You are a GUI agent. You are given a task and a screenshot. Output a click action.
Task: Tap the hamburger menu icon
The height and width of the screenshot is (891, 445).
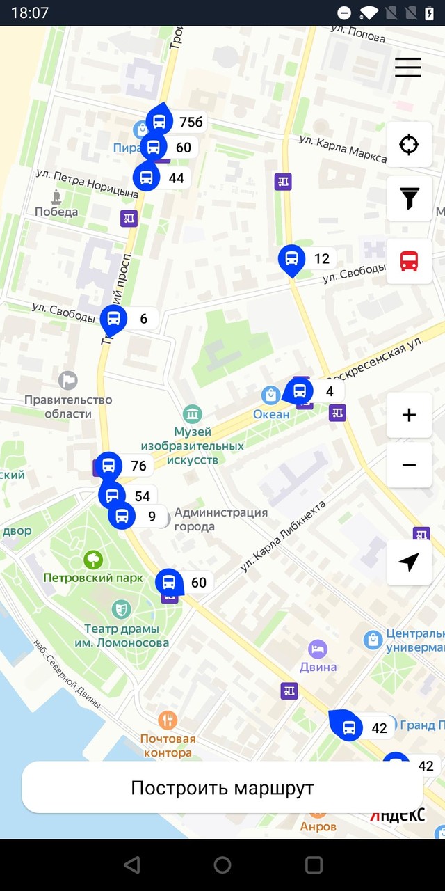coord(408,66)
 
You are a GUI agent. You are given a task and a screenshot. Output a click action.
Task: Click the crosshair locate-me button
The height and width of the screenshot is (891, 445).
coord(409,145)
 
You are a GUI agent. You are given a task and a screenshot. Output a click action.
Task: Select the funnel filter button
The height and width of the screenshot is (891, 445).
coord(409,198)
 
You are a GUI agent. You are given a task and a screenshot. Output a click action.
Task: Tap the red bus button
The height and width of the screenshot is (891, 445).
coord(409,261)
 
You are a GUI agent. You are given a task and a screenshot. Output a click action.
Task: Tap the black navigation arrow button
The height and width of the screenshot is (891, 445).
coord(409,562)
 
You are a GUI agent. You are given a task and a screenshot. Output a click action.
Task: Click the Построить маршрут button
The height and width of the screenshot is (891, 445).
coord(222,787)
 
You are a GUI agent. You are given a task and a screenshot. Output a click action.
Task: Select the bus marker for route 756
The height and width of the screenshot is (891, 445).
coord(160,122)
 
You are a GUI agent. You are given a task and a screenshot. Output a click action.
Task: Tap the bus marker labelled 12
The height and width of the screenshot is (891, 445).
coord(292,259)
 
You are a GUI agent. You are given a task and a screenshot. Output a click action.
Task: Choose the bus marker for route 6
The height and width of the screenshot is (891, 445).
coord(114,319)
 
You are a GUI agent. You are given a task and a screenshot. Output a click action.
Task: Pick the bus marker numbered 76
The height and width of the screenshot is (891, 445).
coord(108,466)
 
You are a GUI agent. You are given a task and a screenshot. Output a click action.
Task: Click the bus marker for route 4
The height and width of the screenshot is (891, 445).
coord(300,391)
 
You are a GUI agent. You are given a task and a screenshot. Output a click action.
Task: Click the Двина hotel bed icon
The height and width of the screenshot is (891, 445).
coord(318,649)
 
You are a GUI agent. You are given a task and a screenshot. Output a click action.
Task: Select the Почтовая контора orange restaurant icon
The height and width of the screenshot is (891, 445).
coord(167,719)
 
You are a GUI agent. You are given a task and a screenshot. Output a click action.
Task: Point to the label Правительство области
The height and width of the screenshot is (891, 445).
coord(68,407)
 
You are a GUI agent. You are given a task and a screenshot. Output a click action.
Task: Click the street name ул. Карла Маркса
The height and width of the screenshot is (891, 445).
coord(341,148)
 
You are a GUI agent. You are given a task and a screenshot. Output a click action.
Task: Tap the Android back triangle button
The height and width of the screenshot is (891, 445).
coord(131,865)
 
